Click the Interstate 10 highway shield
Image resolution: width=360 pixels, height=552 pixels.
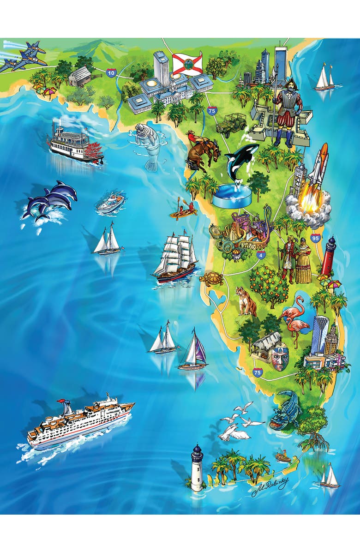111,72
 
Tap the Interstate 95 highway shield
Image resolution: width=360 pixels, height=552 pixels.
315,238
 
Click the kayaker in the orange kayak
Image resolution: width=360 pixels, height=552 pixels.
182,211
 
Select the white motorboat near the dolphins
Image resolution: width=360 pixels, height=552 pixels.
111,204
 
